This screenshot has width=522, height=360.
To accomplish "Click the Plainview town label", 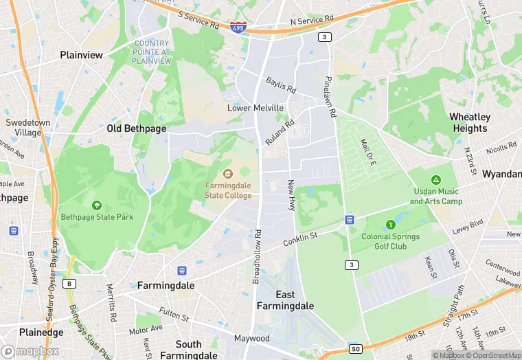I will [x=81, y=55].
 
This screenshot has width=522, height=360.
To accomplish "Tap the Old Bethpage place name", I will [x=137, y=128].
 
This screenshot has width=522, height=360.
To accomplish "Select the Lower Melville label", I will [x=256, y=109].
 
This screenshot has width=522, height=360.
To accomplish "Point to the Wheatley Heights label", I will [x=470, y=122].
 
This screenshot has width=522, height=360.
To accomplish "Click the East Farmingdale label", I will [x=285, y=300].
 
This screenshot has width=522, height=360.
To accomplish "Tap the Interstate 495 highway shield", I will [x=238, y=27].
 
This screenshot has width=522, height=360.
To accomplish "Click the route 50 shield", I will [x=355, y=349].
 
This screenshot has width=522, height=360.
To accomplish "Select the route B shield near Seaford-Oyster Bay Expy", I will [x=69, y=282].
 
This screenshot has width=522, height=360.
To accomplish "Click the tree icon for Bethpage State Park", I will [x=96, y=205].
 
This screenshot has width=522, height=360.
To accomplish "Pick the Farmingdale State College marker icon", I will [x=228, y=172].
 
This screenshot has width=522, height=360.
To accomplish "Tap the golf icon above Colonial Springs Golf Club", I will [x=390, y=224].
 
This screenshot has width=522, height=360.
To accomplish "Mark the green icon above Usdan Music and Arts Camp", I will [x=435, y=179].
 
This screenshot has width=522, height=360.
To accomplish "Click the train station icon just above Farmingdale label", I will [x=182, y=271].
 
